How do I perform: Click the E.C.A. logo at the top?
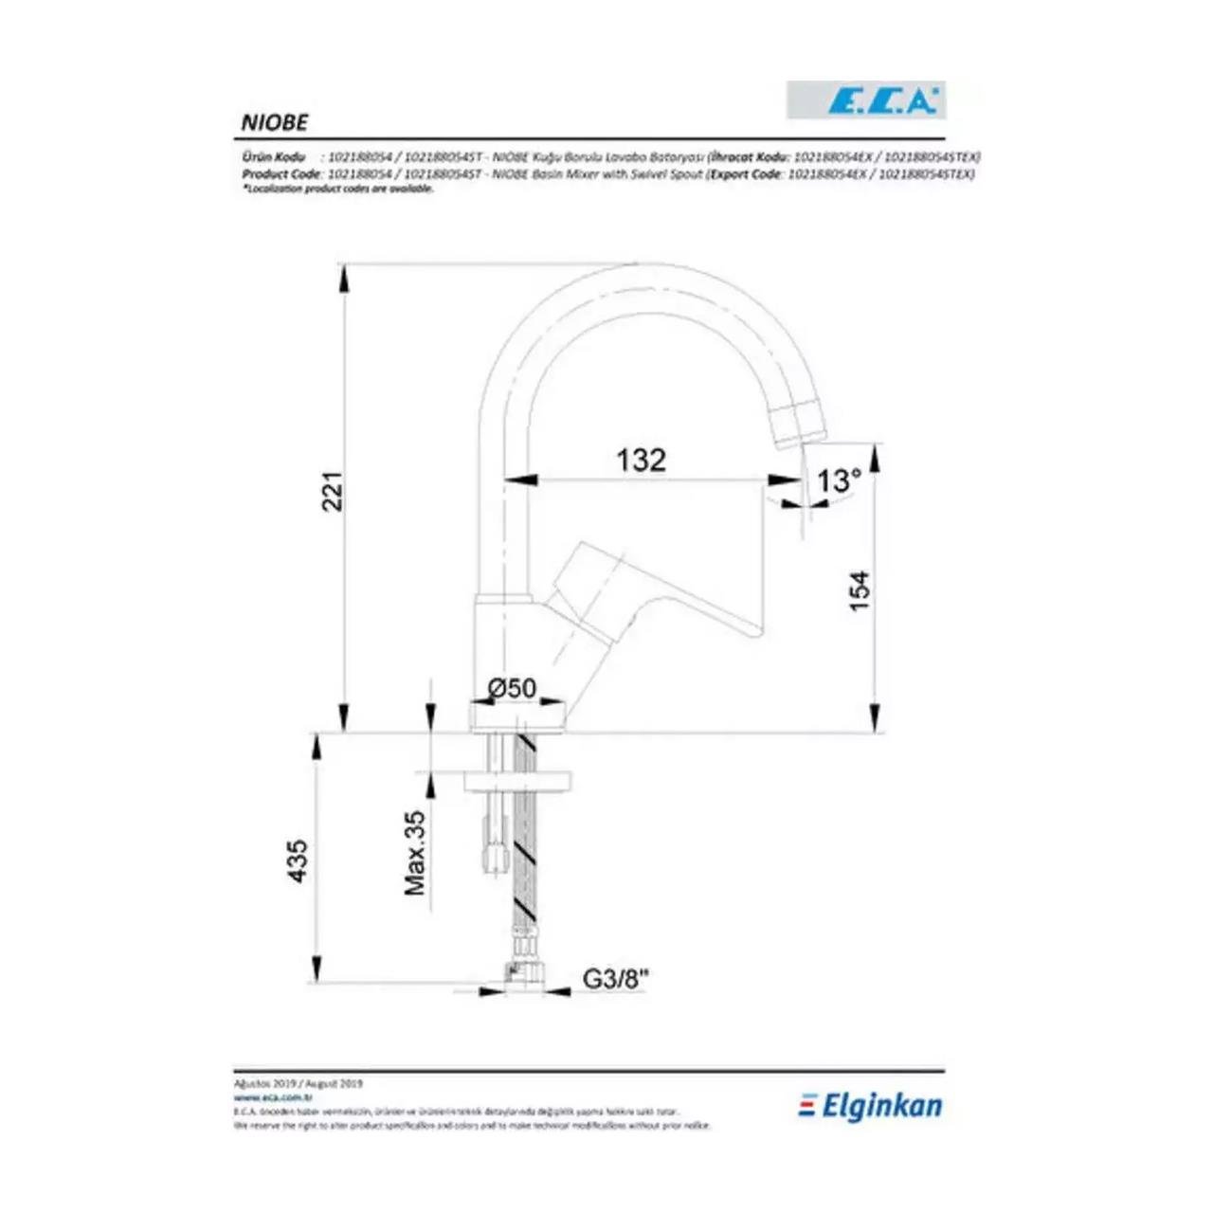pyautogui.click(x=866, y=100)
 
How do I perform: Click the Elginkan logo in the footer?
pyautogui.click(x=871, y=1105)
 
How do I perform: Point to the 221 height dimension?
pyautogui.click(x=333, y=491)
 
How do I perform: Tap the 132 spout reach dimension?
pyautogui.click(x=642, y=460)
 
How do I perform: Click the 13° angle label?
pyautogui.click(x=839, y=480)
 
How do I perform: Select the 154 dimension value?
pyautogui.click(x=859, y=589)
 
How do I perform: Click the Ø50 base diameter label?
pyautogui.click(x=512, y=688)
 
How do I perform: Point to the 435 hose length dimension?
pyautogui.click(x=298, y=860)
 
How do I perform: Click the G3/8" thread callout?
pyautogui.click(x=615, y=980)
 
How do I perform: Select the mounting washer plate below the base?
pyautogui.click(x=516, y=781)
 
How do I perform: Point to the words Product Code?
pyautogui.click(x=281, y=174)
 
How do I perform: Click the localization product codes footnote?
pyautogui.click(x=337, y=189)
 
